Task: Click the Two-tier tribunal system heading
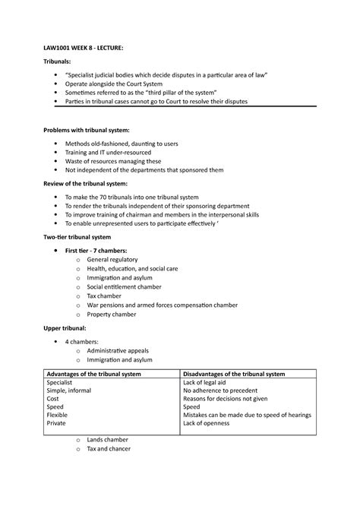pos(76,238)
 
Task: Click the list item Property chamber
pos(112,314)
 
